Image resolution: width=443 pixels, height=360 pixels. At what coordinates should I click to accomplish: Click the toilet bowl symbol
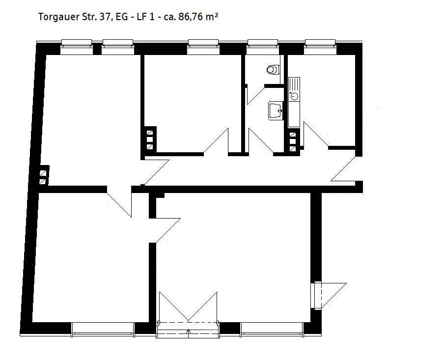[273, 69]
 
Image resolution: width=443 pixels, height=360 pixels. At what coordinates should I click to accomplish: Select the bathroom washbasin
[276, 111]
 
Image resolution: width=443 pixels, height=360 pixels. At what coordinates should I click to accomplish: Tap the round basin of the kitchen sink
[294, 96]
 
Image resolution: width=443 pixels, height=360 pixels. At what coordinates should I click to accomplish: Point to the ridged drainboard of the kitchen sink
[294, 84]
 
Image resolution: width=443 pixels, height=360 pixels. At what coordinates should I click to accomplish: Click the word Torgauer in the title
[58, 17]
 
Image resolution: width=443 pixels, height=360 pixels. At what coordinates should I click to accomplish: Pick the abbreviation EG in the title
[122, 17]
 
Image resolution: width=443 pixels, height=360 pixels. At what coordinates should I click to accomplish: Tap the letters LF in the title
[142, 17]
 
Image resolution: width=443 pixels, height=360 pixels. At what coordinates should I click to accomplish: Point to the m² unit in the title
[212, 17]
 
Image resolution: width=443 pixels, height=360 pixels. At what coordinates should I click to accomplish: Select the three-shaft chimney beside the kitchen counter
[294, 141]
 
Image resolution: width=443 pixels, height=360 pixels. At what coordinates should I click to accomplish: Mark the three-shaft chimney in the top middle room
[150, 139]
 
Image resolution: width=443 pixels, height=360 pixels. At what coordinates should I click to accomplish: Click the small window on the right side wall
[316, 296]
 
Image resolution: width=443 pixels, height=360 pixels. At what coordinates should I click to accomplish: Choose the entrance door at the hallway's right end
[343, 168]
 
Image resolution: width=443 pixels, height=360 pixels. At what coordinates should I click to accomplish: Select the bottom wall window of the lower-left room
[103, 330]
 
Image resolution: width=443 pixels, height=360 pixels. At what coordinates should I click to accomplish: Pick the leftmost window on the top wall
[77, 47]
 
